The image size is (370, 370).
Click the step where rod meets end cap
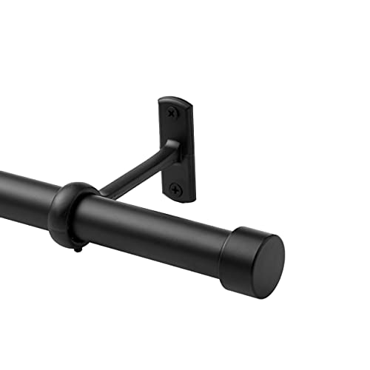pos(226,244)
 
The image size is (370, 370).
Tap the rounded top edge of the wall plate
pos(175,98)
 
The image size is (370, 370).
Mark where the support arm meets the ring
pos(100,194)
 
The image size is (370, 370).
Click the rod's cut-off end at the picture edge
pos(2,189)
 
